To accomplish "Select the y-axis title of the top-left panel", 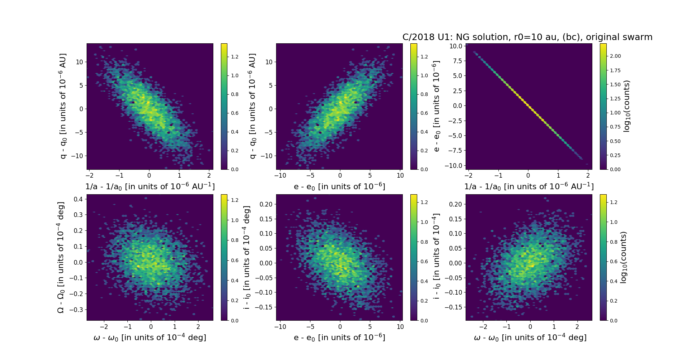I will [x=63, y=106].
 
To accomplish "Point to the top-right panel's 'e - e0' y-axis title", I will [x=436, y=106].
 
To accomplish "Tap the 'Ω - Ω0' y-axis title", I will [x=61, y=257].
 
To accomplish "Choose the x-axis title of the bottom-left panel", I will [x=150, y=338].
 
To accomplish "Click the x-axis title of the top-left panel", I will [x=150, y=187].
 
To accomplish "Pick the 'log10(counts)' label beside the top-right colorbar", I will [x=627, y=106].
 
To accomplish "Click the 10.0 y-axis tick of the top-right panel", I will [x=456, y=46].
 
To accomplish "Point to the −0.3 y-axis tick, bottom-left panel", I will [x=77, y=309].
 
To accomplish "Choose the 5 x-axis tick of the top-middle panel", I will [x=370, y=175].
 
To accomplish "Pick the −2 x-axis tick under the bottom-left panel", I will [x=104, y=327].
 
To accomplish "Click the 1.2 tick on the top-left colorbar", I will [x=235, y=57].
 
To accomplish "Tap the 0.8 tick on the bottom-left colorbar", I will [x=235, y=240].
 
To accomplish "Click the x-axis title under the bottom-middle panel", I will [x=339, y=338].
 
